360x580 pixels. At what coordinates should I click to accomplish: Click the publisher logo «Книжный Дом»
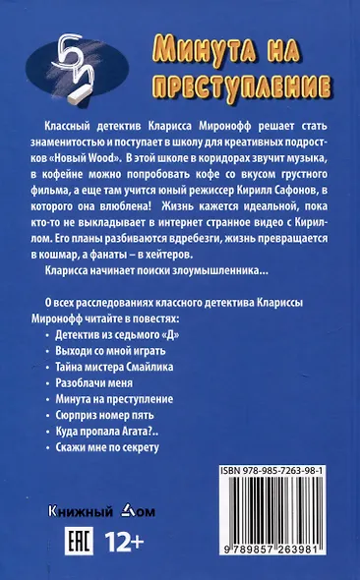point(97,511)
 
